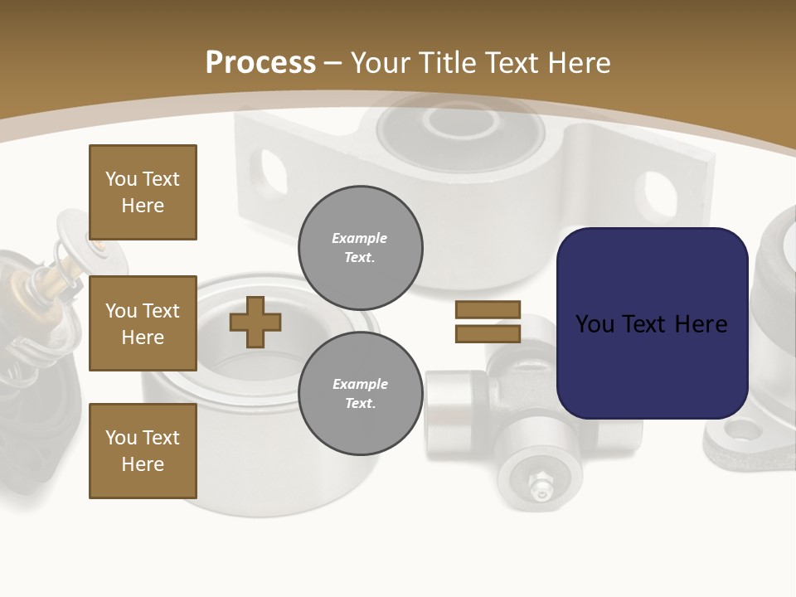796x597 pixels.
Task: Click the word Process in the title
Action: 260,63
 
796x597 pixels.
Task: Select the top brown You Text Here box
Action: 143,192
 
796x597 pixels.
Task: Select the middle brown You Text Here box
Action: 143,323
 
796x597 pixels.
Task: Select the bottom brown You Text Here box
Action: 143,450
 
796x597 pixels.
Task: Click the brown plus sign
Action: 255,322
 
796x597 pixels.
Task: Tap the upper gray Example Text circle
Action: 361,247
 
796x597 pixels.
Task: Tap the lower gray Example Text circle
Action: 361,393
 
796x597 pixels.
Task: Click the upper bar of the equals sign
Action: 488,309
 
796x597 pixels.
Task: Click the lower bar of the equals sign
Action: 488,333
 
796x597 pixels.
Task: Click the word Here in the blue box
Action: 701,324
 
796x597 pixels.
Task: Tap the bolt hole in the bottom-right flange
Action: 741,430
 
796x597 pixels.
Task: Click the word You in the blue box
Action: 595,324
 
